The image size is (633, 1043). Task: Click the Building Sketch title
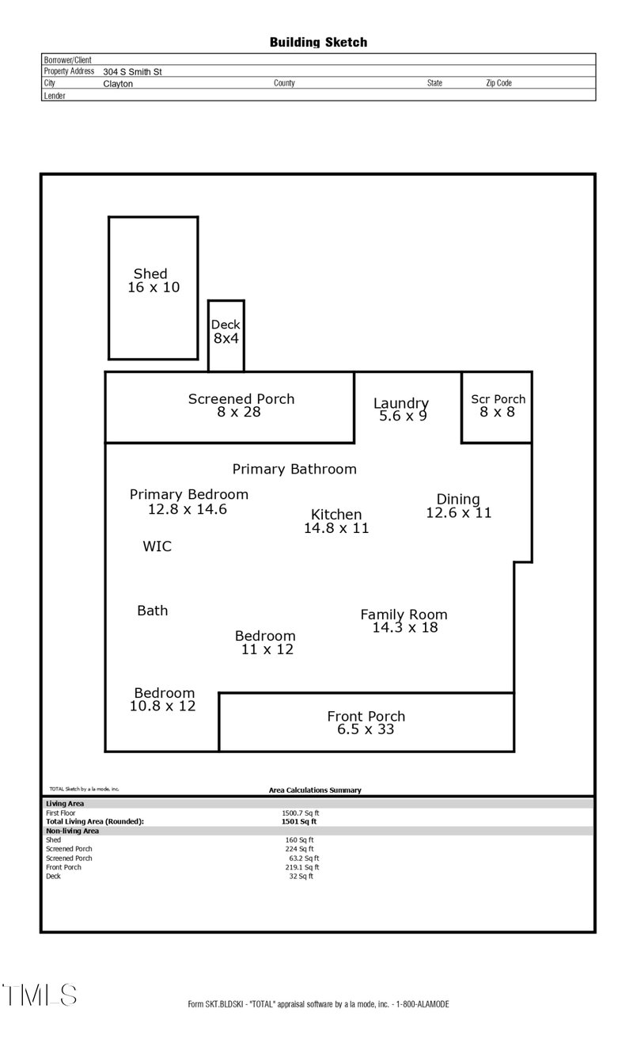[x=318, y=42]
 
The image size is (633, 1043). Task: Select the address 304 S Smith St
[x=132, y=71]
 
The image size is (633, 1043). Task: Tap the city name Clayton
[x=118, y=83]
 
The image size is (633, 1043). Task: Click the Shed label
[x=150, y=274]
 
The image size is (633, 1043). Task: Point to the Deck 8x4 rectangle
[x=226, y=333]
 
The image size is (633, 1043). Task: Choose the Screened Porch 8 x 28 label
[x=241, y=405]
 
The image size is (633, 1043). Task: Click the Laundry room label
[x=401, y=404]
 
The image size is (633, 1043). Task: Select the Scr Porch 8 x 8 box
[x=498, y=405]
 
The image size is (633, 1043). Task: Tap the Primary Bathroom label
[x=294, y=469]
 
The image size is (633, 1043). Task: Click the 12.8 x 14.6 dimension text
[x=188, y=509]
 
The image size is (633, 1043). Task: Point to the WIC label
[x=157, y=546]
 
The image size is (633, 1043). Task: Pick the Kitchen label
[x=336, y=515]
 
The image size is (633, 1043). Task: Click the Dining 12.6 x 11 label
[x=459, y=505]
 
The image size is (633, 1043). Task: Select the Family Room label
[x=404, y=615]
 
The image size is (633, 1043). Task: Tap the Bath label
[x=153, y=611]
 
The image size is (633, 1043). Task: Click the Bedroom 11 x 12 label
[x=266, y=642]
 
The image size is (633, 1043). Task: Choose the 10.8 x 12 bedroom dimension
[x=163, y=706]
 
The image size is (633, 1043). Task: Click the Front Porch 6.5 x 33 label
[x=366, y=722]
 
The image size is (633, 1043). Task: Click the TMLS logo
[x=40, y=995]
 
